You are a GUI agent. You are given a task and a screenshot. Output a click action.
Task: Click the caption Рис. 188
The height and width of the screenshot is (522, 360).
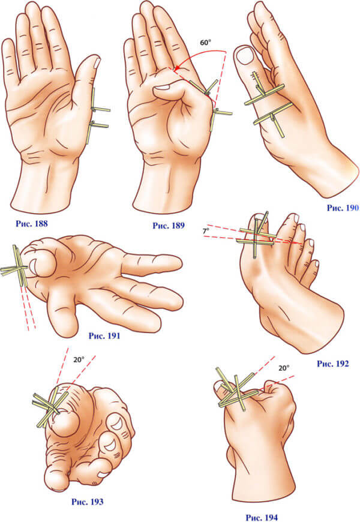pyautogui.click(x=32, y=223)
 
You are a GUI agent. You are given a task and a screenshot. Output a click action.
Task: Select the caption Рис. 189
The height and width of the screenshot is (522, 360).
pyautogui.click(x=169, y=226)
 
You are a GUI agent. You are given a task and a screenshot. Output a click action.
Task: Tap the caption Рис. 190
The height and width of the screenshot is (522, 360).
pyautogui.click(x=343, y=208)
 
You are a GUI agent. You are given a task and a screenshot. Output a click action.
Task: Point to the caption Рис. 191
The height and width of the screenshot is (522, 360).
pyautogui.click(x=104, y=335)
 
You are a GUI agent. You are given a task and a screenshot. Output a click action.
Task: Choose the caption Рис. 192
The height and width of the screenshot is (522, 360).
pyautogui.click(x=332, y=364)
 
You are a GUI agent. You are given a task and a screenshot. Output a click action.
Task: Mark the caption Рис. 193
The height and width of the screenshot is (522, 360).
pyautogui.click(x=87, y=502)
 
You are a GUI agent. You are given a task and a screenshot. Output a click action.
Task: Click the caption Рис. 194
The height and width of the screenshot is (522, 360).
pyautogui.click(x=262, y=518)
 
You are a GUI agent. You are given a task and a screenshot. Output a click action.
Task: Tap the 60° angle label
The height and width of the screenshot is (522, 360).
pyautogui.click(x=206, y=43)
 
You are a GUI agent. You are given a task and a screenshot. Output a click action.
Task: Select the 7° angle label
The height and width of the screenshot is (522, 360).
pyautogui.click(x=206, y=230)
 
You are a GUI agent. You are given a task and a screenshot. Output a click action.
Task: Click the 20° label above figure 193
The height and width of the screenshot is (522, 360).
pyautogui.click(x=79, y=360)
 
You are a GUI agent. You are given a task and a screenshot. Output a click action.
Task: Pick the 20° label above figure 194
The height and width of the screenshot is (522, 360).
pyautogui.click(x=284, y=368)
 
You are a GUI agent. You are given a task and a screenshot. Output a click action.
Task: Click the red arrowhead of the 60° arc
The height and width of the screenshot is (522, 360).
pyautogui.click(x=177, y=68)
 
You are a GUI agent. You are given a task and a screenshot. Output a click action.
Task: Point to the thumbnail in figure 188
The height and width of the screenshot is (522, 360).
pyautogui.click(x=97, y=62)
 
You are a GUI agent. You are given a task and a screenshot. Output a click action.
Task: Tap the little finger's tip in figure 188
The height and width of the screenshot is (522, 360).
pyautogui.click(x=8, y=44)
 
